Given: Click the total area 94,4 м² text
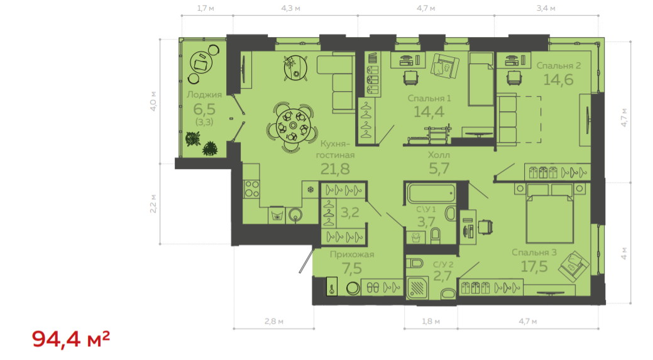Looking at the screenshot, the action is point(71,339).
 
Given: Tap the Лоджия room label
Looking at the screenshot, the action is point(204,95).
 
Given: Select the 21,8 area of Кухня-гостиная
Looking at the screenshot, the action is point(335,168).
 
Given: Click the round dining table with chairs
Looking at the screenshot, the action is point(293,126).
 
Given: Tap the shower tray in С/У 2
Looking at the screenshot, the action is point(417,288).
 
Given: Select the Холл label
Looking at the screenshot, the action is point(439,155).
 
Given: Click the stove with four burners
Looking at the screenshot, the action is point(251,188).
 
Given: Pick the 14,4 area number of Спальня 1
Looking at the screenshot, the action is point(429,111).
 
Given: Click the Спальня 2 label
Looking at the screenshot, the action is point(559,65).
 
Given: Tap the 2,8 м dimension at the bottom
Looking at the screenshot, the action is point(274,321).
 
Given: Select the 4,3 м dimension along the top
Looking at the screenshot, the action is point(291,8).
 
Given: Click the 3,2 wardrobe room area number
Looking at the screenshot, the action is point(350,212).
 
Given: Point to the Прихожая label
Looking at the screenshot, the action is point(352,254).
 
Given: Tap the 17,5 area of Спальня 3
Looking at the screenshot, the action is point(534,266).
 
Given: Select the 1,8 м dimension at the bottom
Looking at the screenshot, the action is point(431,321).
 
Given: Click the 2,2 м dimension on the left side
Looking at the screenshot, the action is point(153,204).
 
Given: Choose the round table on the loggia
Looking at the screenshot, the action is point(201,63).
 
